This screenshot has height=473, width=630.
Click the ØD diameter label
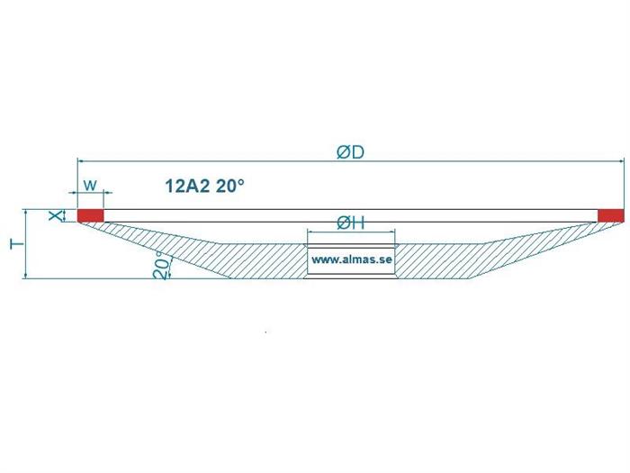(x=350, y=152)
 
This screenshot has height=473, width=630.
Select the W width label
(x=90, y=186)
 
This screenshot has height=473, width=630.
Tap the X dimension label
(x=56, y=215)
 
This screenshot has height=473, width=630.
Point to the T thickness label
(x=16, y=244)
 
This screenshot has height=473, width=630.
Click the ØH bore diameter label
(x=350, y=223)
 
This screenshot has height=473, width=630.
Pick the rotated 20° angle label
(x=160, y=266)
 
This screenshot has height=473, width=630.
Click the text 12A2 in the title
(x=187, y=186)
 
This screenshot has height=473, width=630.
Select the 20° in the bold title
(x=229, y=186)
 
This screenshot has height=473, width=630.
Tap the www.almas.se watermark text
(x=352, y=259)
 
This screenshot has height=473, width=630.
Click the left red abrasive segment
(x=90, y=215)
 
